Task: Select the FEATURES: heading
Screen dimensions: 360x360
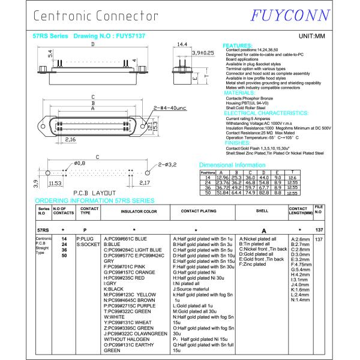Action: [238, 46]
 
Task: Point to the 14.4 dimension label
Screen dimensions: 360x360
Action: [182, 44]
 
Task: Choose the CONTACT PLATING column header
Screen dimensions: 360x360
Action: [199, 211]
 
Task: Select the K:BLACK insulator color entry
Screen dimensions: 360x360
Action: [113, 289]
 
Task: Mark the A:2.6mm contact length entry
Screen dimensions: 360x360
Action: [300, 239]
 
